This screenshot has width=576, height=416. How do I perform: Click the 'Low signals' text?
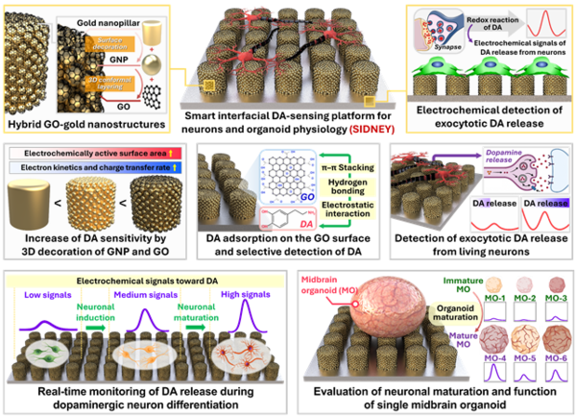tap(43, 295)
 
